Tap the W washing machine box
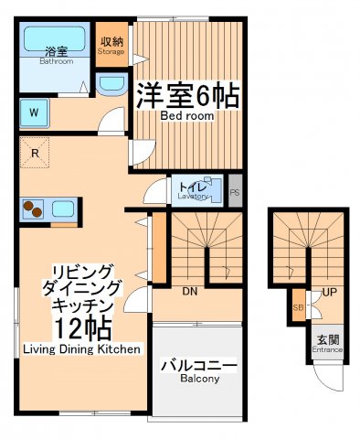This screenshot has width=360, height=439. click(34, 114)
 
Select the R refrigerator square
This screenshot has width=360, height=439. click(35, 154)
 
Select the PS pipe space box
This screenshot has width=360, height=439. click(235, 193)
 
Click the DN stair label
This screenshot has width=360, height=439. click(190, 292)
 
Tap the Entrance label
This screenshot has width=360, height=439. click(326, 348)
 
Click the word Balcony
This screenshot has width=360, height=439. click(199, 379)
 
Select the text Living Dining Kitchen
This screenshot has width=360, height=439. click(81, 349)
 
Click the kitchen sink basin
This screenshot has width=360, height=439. click(62, 209)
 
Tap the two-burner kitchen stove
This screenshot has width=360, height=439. click(34, 209)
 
